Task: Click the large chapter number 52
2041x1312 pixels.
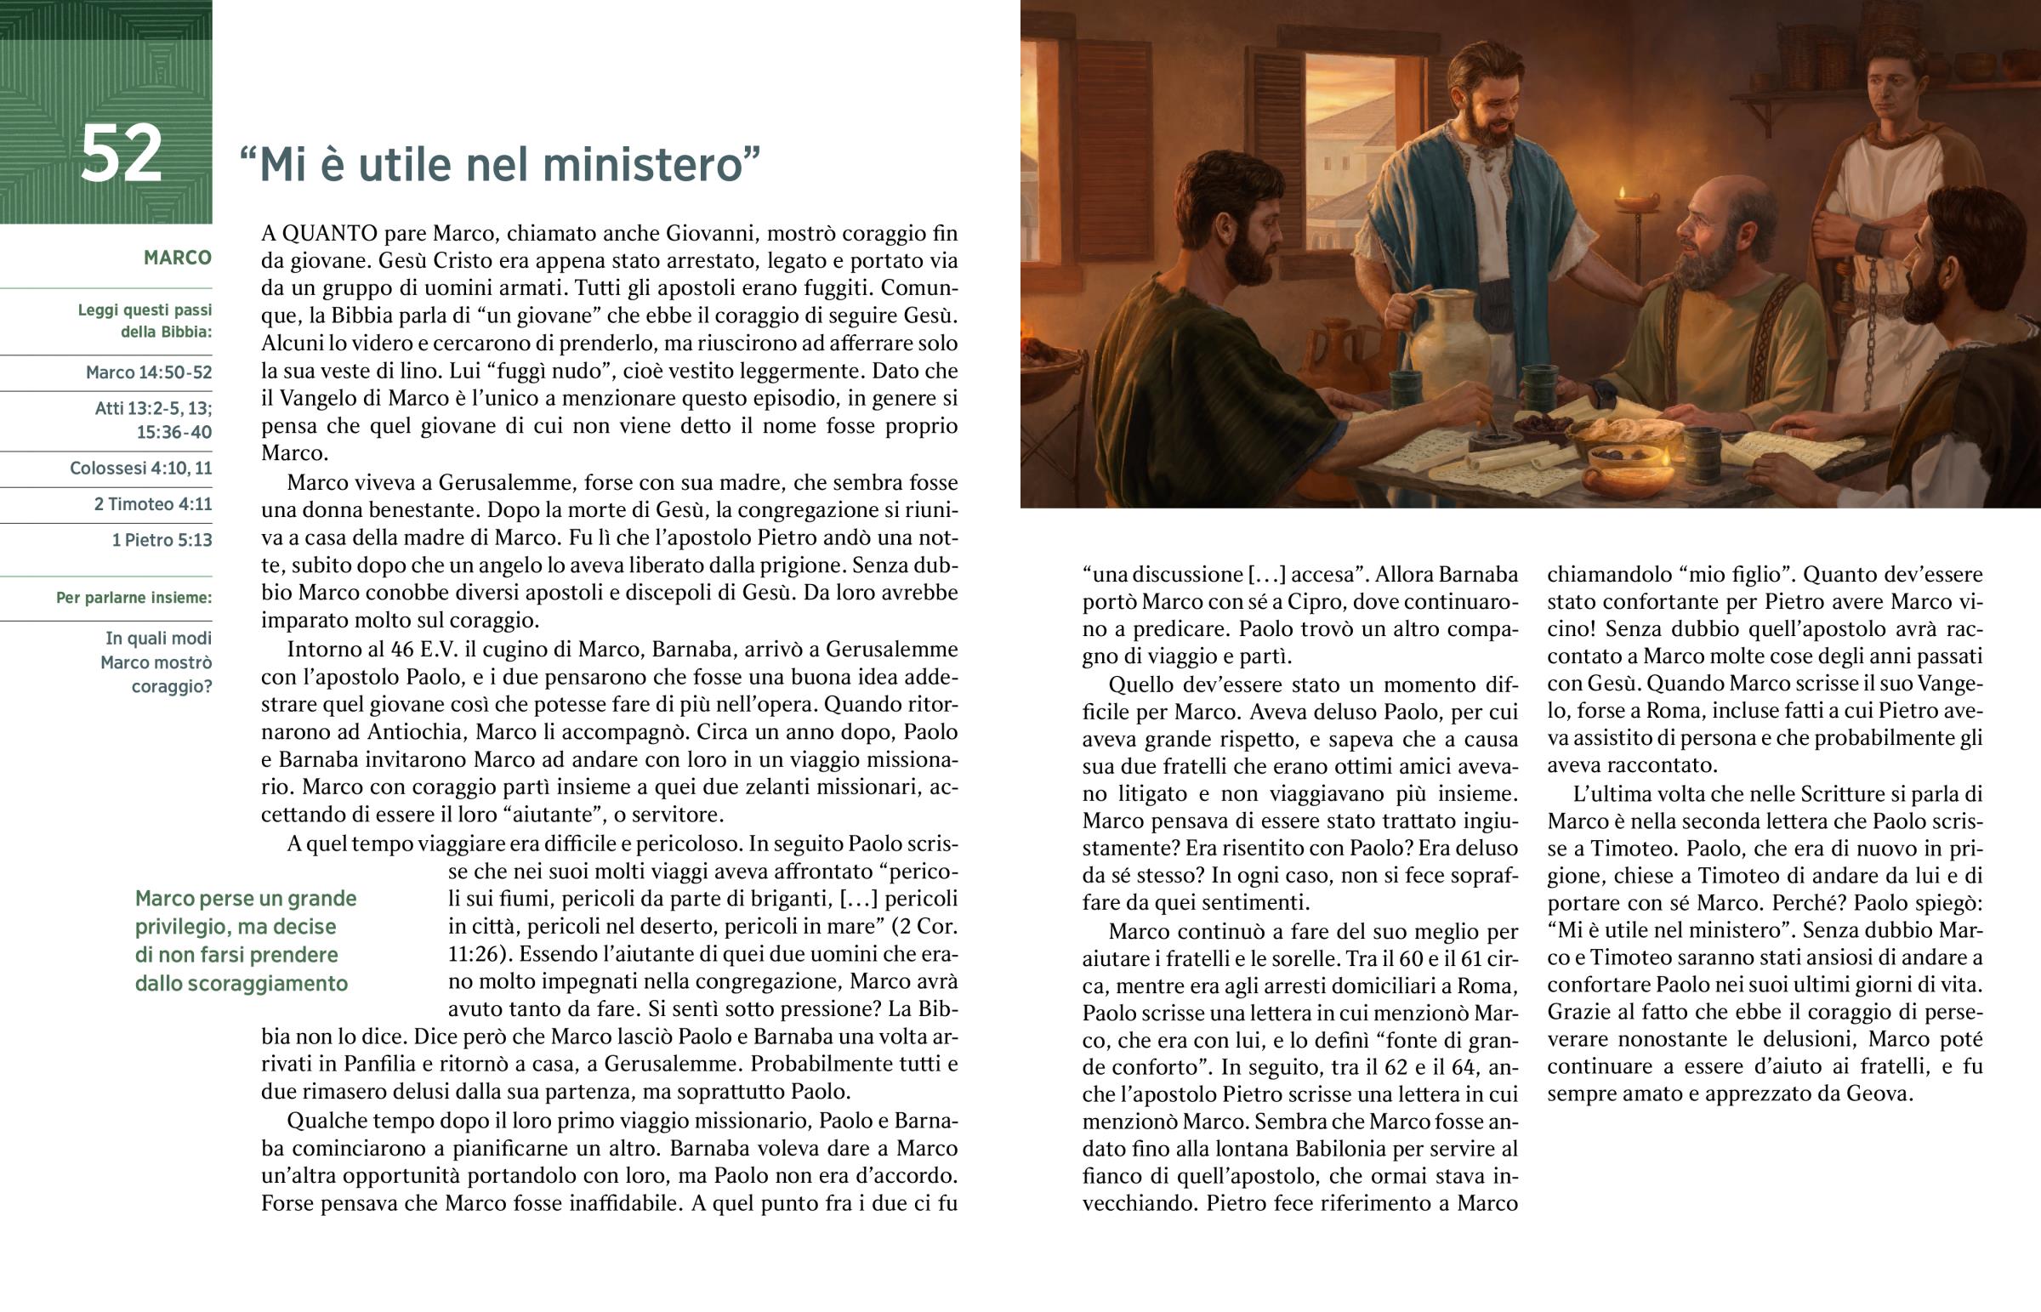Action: tap(121, 154)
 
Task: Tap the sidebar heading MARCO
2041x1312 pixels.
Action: tap(177, 258)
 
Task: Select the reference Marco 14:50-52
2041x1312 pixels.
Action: tap(148, 372)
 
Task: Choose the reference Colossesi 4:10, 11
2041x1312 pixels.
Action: tap(140, 468)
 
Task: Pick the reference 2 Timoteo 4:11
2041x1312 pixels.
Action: tap(152, 503)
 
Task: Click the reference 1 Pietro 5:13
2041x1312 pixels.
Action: tap(162, 539)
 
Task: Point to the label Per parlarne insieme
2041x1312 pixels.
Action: tap(134, 597)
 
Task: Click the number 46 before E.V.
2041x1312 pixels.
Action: tap(402, 649)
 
